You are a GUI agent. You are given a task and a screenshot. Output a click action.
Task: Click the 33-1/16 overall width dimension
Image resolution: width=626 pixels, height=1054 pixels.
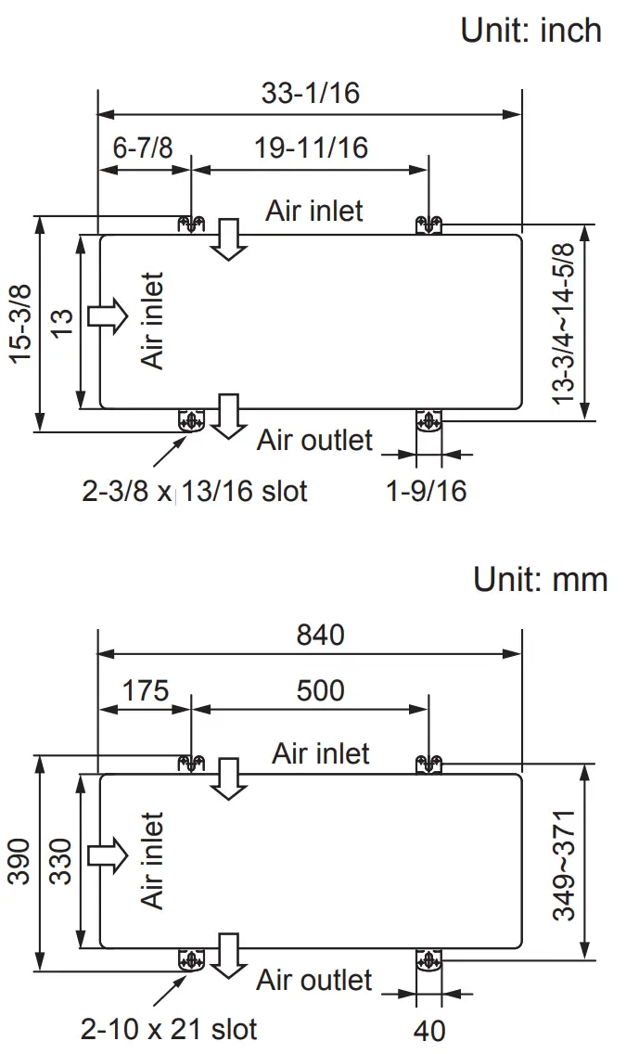coord(310,93)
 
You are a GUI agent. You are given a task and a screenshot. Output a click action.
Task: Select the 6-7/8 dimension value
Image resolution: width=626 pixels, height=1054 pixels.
coord(143,148)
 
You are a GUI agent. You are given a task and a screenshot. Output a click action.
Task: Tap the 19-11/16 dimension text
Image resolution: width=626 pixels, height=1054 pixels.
coord(311,148)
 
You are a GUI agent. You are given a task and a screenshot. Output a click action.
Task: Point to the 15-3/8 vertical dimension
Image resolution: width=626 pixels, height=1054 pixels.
coord(20,322)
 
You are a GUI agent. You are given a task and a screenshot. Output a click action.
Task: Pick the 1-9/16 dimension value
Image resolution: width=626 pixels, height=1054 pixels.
coord(427,491)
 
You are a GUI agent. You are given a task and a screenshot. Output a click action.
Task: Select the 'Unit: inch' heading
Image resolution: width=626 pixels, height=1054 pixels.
coord(530,30)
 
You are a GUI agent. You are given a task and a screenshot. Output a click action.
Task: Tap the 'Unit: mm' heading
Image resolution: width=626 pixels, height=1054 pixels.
coord(540,580)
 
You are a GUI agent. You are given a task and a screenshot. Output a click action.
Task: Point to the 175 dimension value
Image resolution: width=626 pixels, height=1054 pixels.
coord(146,691)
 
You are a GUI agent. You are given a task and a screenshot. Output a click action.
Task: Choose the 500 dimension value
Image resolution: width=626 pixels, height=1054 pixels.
coord(320,691)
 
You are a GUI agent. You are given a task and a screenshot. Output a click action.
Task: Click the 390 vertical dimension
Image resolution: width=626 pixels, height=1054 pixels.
coord(20,863)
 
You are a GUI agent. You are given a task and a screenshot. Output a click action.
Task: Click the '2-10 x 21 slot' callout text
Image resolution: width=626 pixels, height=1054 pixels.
coord(168,1028)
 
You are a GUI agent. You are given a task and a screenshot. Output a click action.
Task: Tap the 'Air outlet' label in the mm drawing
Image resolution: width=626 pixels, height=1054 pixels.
coord(314,980)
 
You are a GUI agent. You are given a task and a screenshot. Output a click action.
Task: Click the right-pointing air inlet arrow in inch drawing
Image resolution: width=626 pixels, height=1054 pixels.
coord(107,315)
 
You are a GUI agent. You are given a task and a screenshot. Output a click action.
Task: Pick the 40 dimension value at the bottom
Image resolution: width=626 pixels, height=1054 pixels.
coord(428,1030)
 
